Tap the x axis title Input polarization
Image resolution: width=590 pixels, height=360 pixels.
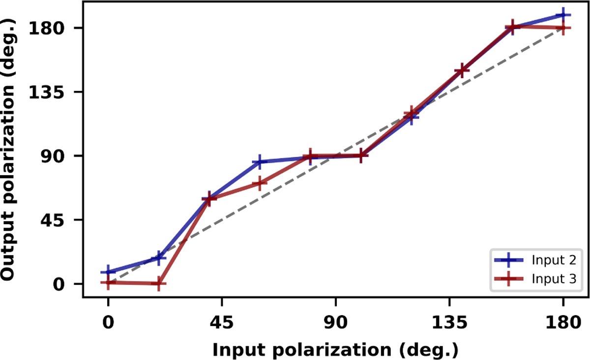pyautogui.click(x=335, y=350)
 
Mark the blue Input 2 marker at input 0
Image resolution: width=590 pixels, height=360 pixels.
pyautogui.click(x=108, y=271)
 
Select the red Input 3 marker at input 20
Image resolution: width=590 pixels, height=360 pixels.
pyautogui.click(x=158, y=284)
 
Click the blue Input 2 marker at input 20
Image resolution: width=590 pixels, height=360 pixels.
pyautogui.click(x=158, y=258)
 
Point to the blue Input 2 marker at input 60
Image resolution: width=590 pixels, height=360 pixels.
pyautogui.click(x=260, y=162)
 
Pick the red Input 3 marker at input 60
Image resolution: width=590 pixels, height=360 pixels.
pyautogui.click(x=260, y=183)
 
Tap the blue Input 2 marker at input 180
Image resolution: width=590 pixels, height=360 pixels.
pyautogui.click(x=562, y=15)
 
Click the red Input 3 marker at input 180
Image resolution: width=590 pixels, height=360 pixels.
pyautogui.click(x=562, y=28)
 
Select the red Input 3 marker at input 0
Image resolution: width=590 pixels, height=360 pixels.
pyautogui.click(x=108, y=282)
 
